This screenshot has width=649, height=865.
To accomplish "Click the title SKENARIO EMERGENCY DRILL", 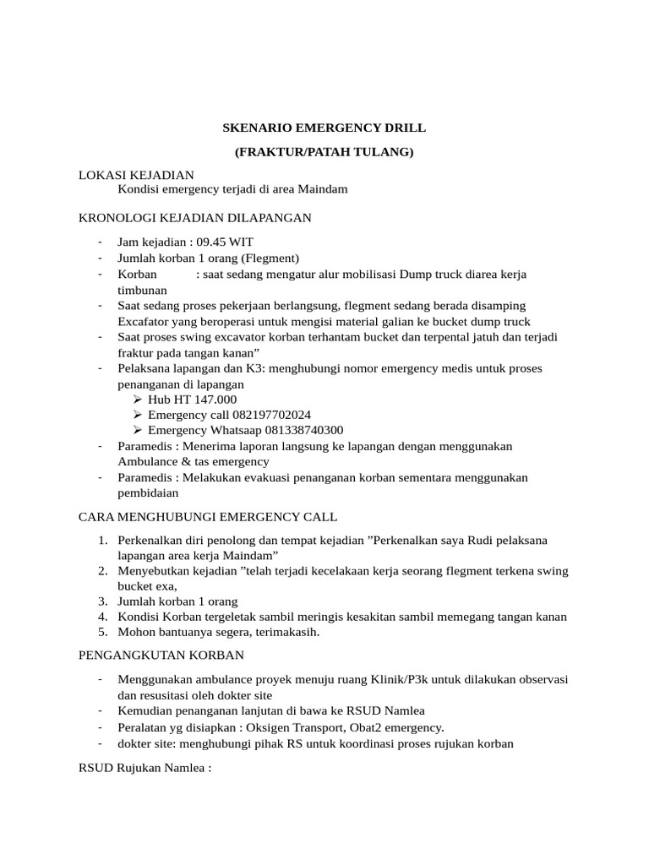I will (x=324, y=128).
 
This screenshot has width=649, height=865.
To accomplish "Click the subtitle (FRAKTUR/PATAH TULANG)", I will (x=324, y=152).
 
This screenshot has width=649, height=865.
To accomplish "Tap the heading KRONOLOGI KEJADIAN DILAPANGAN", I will (x=194, y=218).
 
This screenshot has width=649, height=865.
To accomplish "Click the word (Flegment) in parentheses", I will (x=270, y=258).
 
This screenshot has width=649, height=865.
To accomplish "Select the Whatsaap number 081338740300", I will (x=293, y=430).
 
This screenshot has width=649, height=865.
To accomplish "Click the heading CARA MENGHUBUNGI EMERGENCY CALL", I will (x=207, y=516).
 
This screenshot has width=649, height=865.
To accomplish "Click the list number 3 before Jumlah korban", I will (x=101, y=601).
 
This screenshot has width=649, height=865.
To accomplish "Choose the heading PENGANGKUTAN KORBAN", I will (x=161, y=655).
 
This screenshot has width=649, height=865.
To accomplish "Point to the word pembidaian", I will (x=150, y=492).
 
